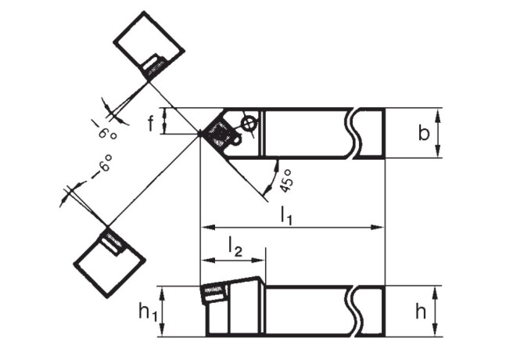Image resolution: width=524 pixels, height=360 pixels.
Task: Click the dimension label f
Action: coord(151,124)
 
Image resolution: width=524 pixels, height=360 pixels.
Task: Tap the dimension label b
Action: coord(424,132)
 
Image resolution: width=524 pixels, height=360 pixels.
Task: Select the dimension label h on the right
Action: coord(421,311)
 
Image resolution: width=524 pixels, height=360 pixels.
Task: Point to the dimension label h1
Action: coord(148,313)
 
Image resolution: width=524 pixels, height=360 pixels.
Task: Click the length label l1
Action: coord(286,215)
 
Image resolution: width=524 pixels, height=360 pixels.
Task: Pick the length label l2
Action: coord(235,247)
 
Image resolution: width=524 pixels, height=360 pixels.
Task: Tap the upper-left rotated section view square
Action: coord(149,46)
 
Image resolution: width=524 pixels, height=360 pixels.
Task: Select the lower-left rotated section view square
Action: coord(109,261)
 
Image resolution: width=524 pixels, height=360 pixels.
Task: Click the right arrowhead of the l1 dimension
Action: coord(378,228)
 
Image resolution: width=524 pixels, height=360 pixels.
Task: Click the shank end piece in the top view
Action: coord(370,133)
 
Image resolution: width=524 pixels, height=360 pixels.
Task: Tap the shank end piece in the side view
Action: coord(370,311)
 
